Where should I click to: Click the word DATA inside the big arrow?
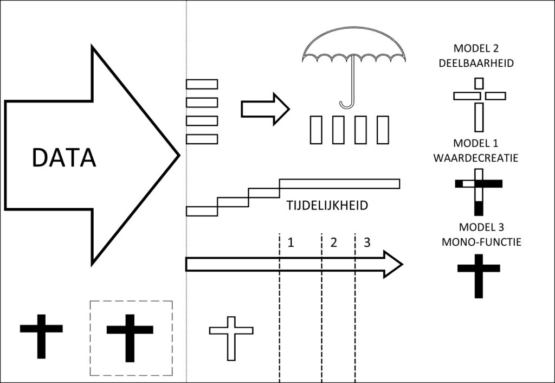pos(64,157)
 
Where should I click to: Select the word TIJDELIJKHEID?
pos(327,206)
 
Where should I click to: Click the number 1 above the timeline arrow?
pos(291,242)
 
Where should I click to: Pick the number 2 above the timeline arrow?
pos(333,242)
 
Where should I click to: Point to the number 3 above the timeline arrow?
pos(367,242)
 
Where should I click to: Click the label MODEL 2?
pos(476,48)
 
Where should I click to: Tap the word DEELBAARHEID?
pos(476,63)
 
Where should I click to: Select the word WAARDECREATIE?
pos(476,158)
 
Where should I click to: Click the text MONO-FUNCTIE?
pos(481,242)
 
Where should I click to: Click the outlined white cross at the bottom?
pos(231,330)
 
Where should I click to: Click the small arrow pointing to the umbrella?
pos(266,109)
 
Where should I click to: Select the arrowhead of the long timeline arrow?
pos(393,264)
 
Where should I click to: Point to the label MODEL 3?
pos(481,227)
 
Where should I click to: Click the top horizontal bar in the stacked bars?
pos(202,84)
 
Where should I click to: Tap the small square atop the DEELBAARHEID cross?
pos(479,83)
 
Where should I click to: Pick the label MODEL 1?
pos(476,143)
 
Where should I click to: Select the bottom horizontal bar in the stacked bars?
pos(202,139)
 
